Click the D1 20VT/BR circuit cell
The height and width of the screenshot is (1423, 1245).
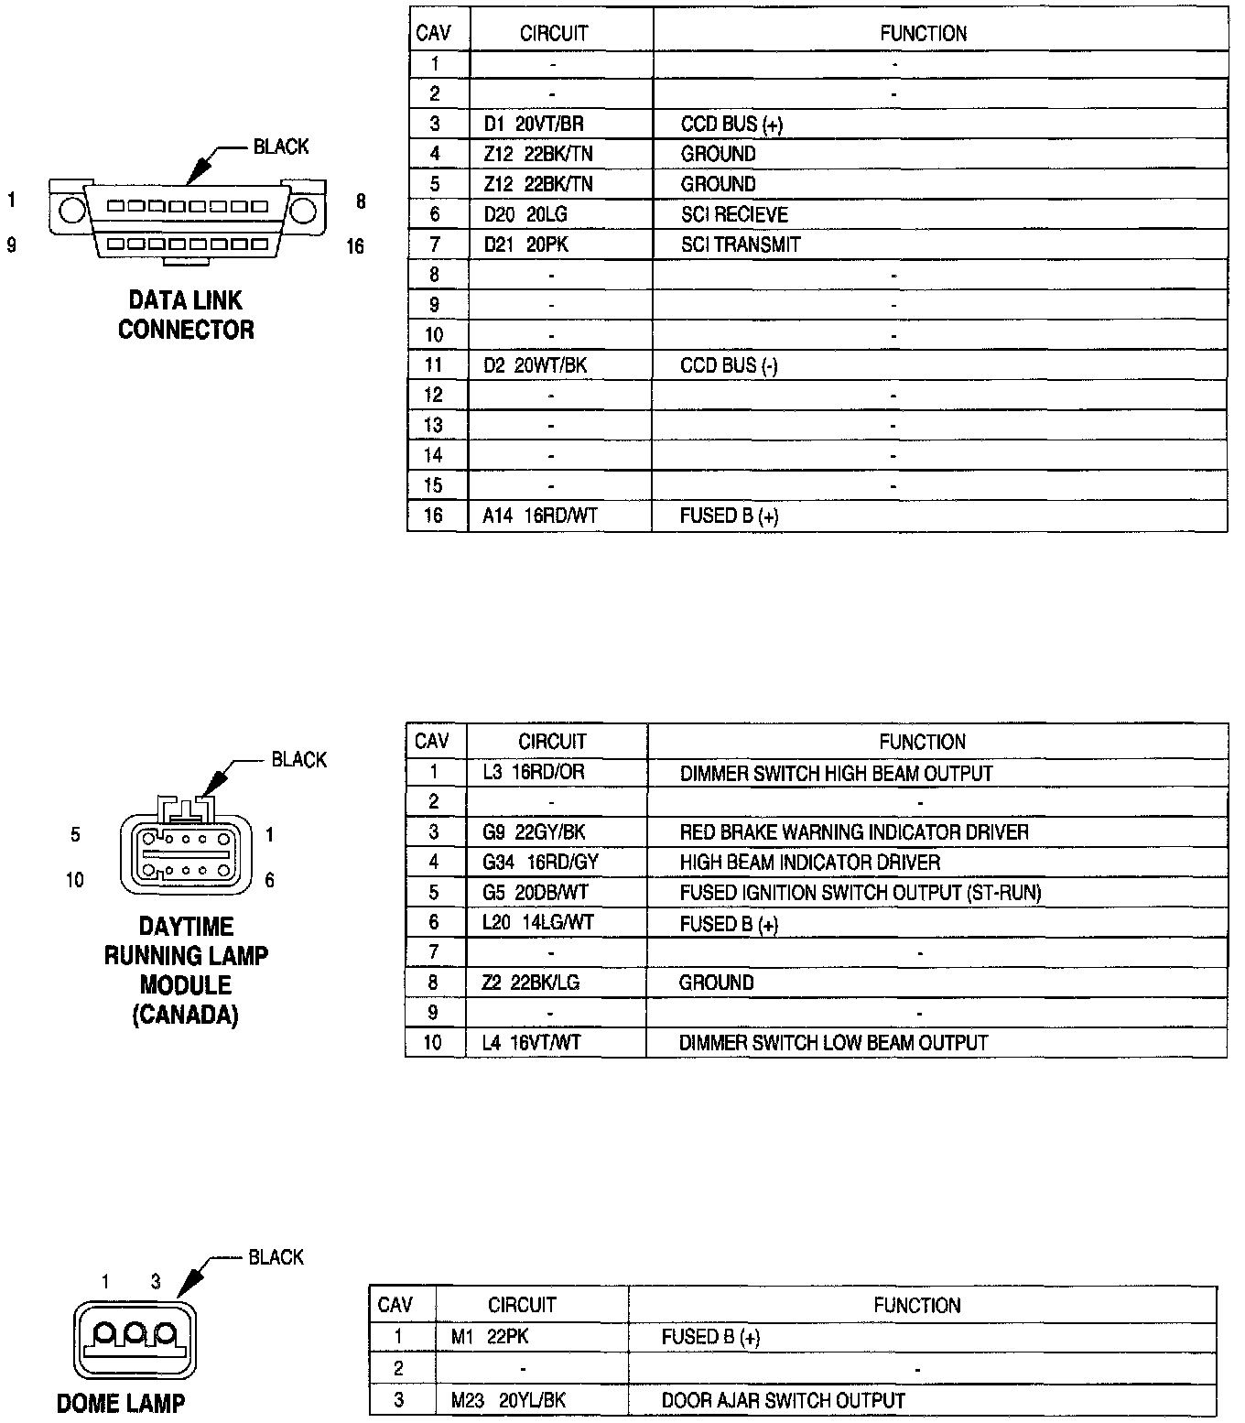tap(534, 124)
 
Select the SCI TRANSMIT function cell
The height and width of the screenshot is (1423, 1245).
tap(741, 244)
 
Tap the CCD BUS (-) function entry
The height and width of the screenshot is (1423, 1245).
tap(729, 365)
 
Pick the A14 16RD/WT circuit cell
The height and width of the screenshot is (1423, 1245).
tap(540, 516)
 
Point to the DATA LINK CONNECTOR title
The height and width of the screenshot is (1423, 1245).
tap(186, 314)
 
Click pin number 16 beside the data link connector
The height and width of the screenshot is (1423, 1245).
tap(355, 246)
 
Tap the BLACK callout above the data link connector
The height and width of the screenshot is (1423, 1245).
tap(281, 147)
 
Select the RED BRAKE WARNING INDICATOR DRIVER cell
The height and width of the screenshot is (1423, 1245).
tap(854, 832)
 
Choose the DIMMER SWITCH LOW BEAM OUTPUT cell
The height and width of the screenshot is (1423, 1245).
tap(833, 1043)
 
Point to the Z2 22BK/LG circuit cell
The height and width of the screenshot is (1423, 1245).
tap(531, 983)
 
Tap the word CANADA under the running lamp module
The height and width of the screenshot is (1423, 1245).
tap(186, 1015)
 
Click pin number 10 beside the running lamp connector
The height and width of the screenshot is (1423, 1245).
tap(75, 880)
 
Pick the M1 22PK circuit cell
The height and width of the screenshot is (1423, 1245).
tap(490, 1337)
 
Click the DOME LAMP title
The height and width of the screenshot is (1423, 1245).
tap(121, 1403)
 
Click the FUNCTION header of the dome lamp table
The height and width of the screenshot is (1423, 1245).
tap(917, 1305)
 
